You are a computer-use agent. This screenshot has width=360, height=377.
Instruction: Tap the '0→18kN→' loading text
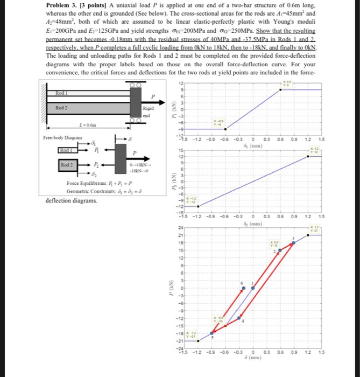139,164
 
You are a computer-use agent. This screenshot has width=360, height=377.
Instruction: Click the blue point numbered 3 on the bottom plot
293,243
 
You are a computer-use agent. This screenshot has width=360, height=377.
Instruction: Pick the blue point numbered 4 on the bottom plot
241,317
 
